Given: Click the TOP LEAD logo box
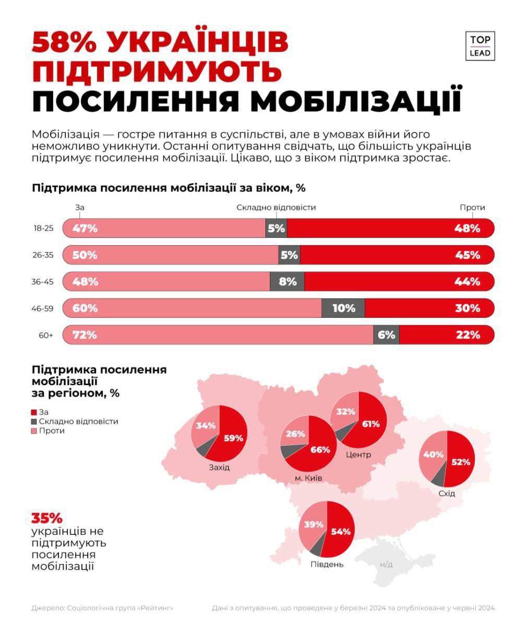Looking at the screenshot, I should pyautogui.click(x=480, y=46).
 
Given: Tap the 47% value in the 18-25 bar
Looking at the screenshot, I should pyautogui.click(x=85, y=228).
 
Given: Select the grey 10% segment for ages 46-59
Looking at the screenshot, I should pyautogui.click(x=343, y=308).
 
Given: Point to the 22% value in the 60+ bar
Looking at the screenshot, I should pyautogui.click(x=468, y=335).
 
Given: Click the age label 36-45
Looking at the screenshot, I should pyautogui.click(x=43, y=281).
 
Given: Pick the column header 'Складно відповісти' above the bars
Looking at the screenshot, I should pyautogui.click(x=276, y=207).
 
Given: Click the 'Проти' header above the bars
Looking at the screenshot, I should pyautogui.click(x=473, y=207).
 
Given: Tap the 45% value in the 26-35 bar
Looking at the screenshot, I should pyautogui.click(x=468, y=255).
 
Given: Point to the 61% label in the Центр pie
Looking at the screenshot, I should pyautogui.click(x=370, y=423).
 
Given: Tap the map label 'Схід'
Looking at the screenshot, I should pyautogui.click(x=447, y=493).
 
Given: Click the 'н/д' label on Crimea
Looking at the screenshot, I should pyautogui.click(x=386, y=564).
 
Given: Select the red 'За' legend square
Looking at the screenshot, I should pyautogui.click(x=34, y=412).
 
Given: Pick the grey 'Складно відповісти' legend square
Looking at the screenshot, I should pyautogui.click(x=34, y=421).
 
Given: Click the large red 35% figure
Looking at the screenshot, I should pyautogui.click(x=47, y=519).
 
